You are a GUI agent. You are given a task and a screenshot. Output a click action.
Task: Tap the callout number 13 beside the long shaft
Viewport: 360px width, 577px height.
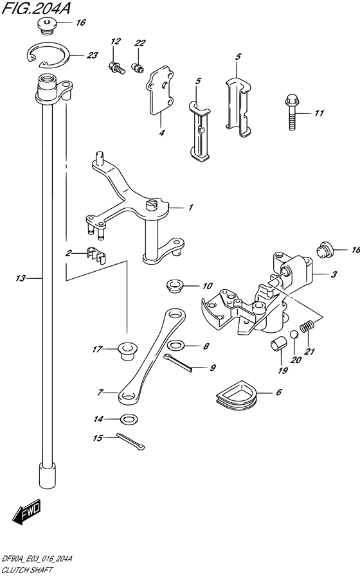pos(21,278)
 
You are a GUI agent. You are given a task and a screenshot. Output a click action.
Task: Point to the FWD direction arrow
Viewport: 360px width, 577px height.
pos(26,511)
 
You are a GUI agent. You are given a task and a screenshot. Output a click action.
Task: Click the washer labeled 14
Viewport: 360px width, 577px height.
pos(129,420)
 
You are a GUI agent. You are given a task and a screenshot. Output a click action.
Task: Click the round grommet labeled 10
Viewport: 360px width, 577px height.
pos(173,285)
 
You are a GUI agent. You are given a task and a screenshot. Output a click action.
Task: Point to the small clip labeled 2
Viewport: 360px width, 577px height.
pos(95,255)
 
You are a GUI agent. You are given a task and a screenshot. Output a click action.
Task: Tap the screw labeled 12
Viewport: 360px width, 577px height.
pos(118,66)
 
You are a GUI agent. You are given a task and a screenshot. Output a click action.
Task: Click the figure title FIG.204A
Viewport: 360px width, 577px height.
pos(37,8)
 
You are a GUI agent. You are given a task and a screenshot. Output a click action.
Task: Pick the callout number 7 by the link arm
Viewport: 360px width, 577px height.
pos(100,391)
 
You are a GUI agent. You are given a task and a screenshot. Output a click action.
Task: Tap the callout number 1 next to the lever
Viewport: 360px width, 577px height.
pos(190,208)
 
